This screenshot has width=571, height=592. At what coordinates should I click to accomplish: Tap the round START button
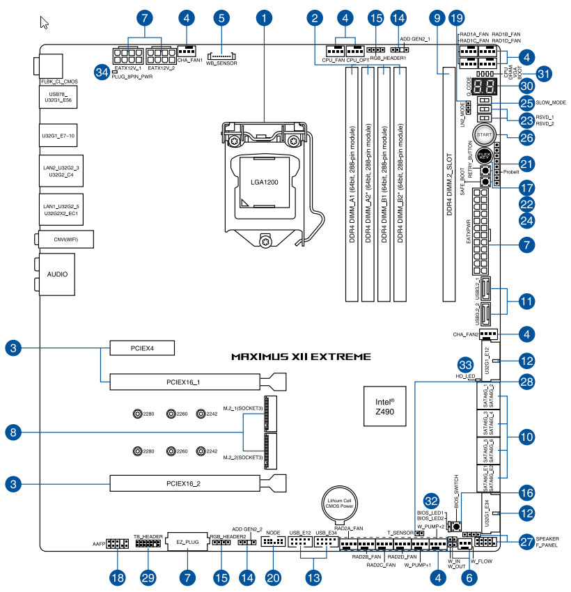[x=485, y=134]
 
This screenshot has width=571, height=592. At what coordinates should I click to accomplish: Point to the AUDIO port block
[x=57, y=274]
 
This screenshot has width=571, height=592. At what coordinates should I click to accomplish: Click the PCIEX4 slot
[x=141, y=347]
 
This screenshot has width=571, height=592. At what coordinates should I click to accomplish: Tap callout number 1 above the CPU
[x=265, y=15]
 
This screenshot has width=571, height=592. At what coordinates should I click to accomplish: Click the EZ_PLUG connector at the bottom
[x=187, y=542]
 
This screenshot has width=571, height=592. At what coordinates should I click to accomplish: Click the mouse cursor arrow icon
[x=45, y=22]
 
